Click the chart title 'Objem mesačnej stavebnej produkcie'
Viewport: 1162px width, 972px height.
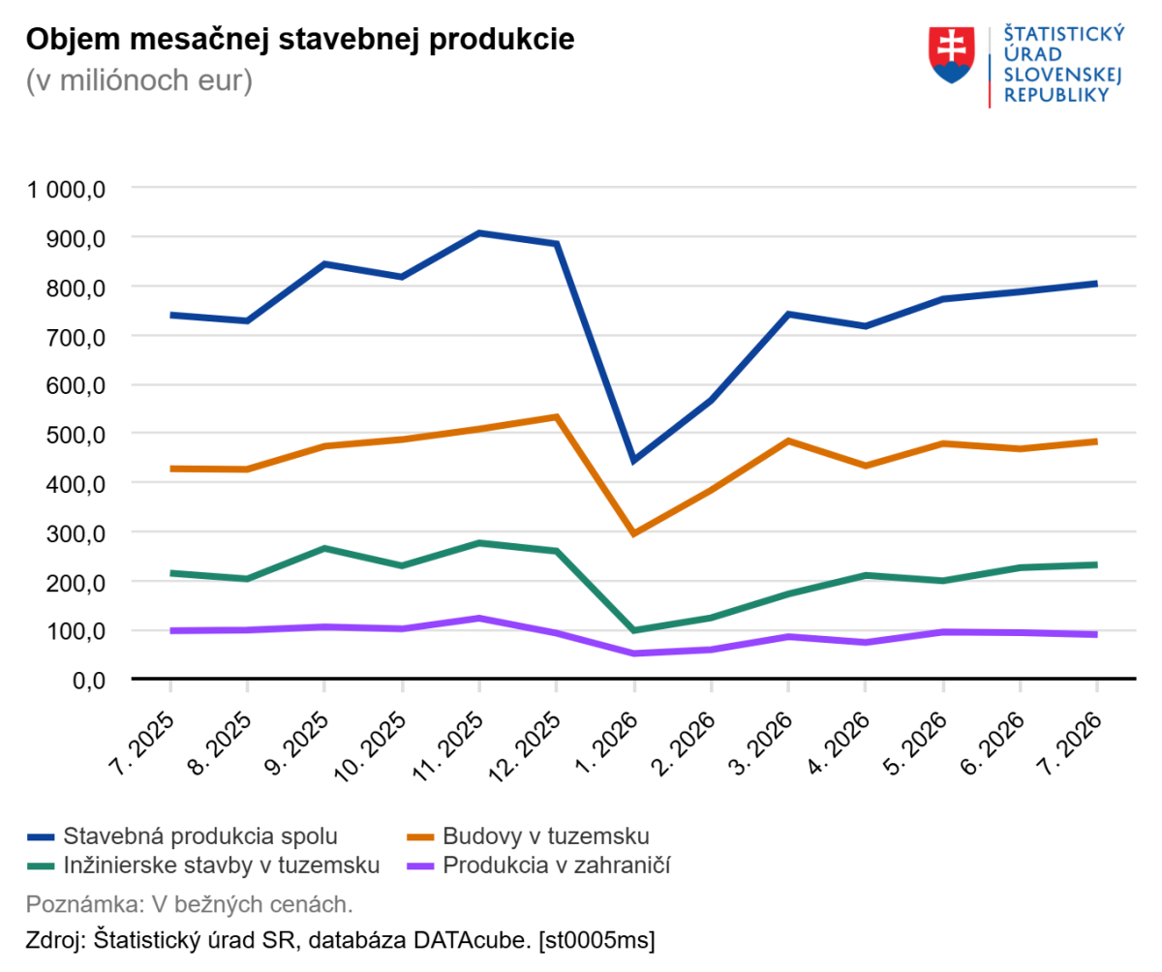click(300, 40)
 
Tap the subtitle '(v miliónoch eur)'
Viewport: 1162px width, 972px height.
click(139, 80)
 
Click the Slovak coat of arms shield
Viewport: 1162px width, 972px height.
click(951, 54)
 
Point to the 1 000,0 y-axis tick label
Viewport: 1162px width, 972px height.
click(66, 190)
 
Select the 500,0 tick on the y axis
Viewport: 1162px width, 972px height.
click(76, 435)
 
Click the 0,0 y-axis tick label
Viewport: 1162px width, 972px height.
click(89, 680)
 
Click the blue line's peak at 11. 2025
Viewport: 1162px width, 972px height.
click(479, 233)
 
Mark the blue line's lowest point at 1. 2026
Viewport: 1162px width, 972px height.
click(634, 460)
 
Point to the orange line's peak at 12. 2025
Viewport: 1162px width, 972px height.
click(557, 416)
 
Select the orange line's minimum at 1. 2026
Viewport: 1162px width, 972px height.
click(634, 533)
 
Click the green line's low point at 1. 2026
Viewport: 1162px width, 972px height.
click(634, 630)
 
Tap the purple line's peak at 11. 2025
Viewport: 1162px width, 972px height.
click(479, 618)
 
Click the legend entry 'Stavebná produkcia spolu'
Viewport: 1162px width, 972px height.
click(183, 836)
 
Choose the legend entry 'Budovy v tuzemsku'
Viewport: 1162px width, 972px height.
click(528, 836)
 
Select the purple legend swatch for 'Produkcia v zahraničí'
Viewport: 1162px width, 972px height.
click(420, 866)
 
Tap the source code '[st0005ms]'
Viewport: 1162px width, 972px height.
click(596, 940)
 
